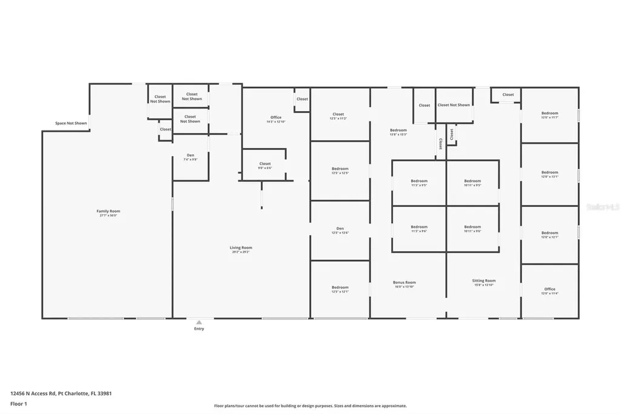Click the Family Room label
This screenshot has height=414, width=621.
[x=108, y=211]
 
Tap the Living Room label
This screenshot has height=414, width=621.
[x=241, y=248]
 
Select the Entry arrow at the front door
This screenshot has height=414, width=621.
[x=199, y=322]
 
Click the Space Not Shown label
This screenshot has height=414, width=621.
[x=71, y=123]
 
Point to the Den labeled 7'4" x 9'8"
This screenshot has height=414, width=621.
[x=190, y=156]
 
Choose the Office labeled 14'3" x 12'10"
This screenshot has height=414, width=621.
[x=276, y=118]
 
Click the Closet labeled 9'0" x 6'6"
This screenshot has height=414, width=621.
[x=265, y=164]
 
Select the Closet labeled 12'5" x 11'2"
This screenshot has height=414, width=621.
[x=338, y=114]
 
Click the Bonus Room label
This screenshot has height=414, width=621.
[x=404, y=282]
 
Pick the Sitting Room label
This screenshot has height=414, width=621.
[x=484, y=281]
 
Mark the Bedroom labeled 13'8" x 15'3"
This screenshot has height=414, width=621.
[x=398, y=131]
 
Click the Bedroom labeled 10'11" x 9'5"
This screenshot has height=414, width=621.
[x=472, y=181]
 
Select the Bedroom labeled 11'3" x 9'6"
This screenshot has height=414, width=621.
[x=419, y=227]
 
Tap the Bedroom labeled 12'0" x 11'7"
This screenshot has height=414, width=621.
[x=549, y=114]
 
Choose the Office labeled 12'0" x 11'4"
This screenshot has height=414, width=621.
[x=549, y=290]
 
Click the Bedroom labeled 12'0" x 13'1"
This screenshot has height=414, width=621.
[x=549, y=172]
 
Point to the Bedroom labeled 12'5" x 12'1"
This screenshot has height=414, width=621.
[x=340, y=288]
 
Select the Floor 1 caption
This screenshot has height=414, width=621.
[x=19, y=403]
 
